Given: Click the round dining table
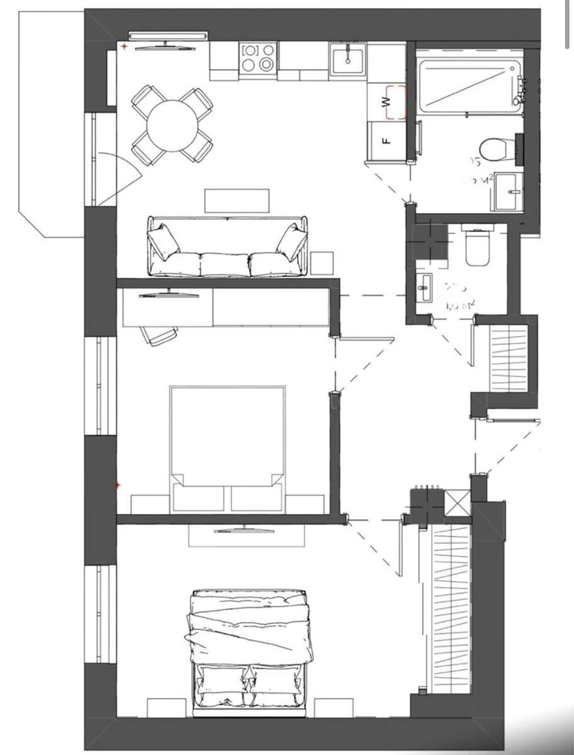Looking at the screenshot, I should [172, 123].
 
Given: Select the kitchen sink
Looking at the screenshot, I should [347, 59].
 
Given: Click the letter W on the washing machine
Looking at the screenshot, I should [388, 101].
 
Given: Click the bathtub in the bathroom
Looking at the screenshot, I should [469, 86].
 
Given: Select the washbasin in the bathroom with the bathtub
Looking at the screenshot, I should [509, 191].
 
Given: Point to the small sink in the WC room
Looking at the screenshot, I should [425, 289].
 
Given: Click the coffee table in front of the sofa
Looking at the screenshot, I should [237, 201].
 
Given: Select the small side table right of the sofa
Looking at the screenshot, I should [322, 262].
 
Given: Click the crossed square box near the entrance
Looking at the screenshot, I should [456, 503].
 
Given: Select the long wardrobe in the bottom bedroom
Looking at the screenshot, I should [451, 607].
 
